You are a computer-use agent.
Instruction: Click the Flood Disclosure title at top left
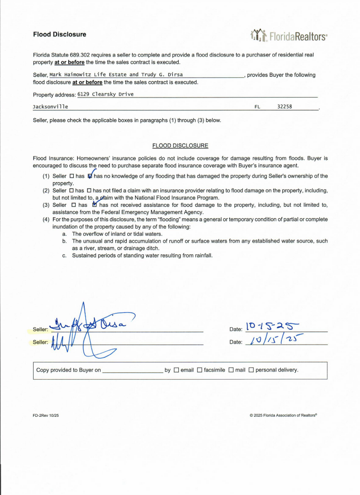59,35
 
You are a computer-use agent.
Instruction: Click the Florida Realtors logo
289,35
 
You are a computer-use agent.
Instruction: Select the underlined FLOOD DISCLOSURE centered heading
180,146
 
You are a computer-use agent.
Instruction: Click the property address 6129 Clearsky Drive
105,94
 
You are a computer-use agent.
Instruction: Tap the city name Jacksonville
51,106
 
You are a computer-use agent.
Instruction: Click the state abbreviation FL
257,106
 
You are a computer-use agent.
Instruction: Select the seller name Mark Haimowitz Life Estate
88,75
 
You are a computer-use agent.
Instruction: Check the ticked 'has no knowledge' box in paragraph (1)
90,176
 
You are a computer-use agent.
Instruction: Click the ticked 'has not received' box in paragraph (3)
95,205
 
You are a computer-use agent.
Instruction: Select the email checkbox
176,370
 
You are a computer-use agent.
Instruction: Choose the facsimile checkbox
200,370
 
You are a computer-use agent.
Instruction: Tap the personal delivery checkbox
251,370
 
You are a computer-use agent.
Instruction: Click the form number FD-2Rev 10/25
46,415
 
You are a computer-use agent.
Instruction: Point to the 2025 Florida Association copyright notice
283,415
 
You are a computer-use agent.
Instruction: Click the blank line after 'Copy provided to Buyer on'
132,370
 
